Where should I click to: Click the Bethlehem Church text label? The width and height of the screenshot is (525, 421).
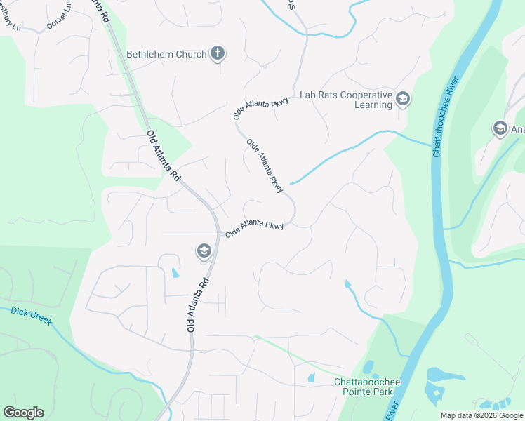pos(166,54)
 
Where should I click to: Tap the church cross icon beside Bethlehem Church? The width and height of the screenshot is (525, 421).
pos(218,53)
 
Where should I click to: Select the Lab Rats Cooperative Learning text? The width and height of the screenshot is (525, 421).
pos(345,100)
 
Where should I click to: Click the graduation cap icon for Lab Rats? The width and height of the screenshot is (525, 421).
pos(403,100)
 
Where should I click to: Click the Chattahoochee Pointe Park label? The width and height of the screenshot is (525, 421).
pos(367,387)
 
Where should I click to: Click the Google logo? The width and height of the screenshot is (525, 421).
pos(23,413)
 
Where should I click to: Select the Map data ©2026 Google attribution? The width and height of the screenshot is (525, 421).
pos(481,415)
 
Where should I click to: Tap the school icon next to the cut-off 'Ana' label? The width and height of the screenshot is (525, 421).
pos(500,128)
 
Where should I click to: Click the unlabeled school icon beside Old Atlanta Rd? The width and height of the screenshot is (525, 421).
pos(204,251)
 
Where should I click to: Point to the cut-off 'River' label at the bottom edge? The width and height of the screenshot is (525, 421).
pos(392,408)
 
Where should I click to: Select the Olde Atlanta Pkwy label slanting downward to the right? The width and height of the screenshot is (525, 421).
pos(265,166)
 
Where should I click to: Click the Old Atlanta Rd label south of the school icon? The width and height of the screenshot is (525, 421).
pos(197,304)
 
